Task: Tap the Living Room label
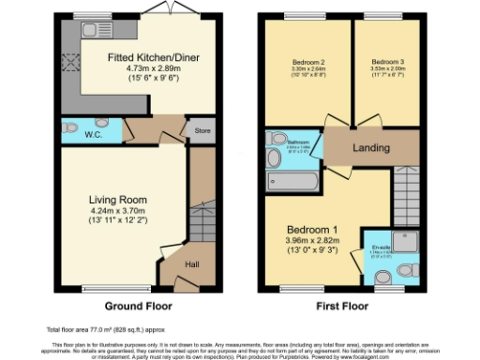point(118,200)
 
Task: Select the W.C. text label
point(95,135)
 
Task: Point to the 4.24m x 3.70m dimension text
point(118,211)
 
